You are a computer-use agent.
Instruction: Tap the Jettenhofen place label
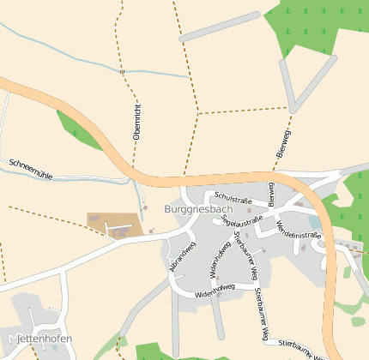tap(45, 339)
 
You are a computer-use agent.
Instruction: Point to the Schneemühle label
tap(30, 169)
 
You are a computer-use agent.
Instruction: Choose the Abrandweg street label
tap(183, 256)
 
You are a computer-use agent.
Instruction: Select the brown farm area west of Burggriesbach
tap(114, 225)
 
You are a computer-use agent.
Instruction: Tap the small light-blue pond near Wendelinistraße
tap(315, 223)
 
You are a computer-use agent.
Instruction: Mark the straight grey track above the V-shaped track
tap(219, 27)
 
